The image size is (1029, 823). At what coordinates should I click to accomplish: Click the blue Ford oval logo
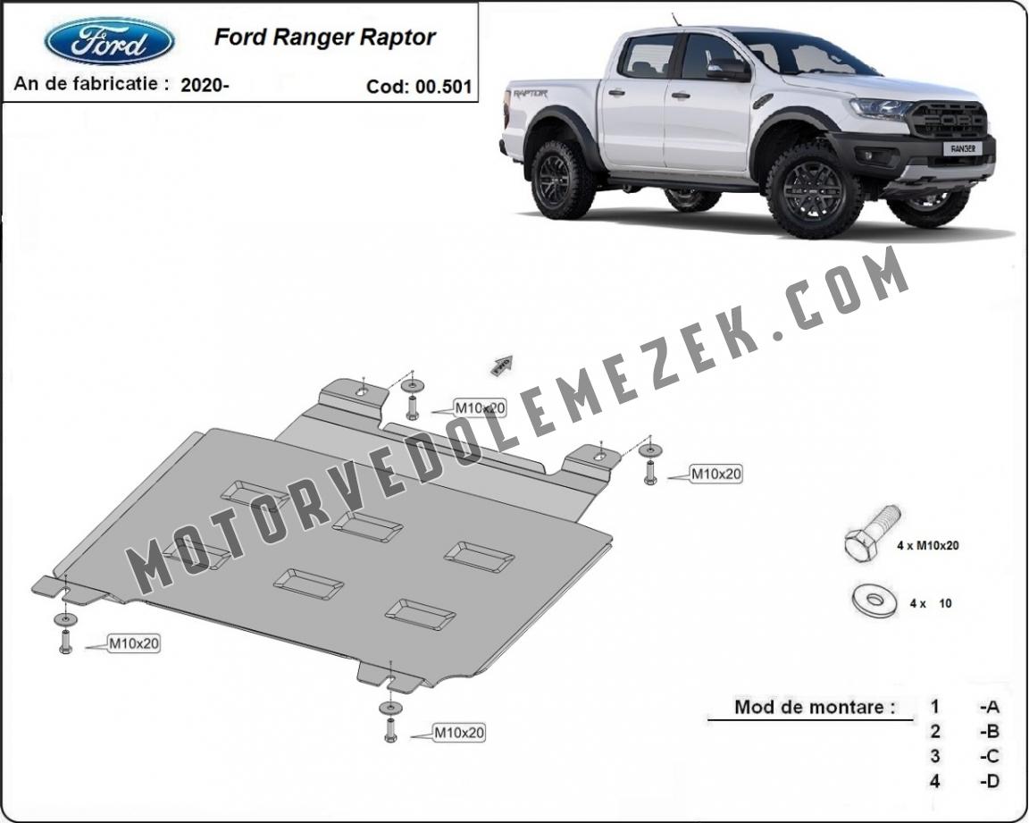click(109, 41)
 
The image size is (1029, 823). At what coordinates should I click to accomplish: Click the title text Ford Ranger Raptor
click(325, 37)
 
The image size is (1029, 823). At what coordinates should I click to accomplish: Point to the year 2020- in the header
click(205, 85)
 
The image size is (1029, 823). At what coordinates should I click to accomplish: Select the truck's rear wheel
click(563, 179)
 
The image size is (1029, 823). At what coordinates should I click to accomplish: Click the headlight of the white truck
click(879, 107)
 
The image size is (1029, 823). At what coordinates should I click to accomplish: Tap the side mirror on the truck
click(729, 68)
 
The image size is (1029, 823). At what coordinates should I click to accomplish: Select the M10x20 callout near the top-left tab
click(481, 408)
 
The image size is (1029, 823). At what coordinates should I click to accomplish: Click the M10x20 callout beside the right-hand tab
click(716, 474)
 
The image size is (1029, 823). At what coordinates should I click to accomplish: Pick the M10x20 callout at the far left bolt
click(134, 643)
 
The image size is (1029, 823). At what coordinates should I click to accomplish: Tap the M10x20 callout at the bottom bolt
click(459, 733)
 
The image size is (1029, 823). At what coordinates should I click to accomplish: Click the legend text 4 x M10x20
click(928, 545)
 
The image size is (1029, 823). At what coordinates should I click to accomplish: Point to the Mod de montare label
click(815, 707)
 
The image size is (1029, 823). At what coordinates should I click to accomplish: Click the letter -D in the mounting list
click(990, 781)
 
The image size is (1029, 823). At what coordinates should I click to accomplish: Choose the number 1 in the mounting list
click(934, 707)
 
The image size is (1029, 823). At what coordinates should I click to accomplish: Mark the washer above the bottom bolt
click(390, 708)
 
